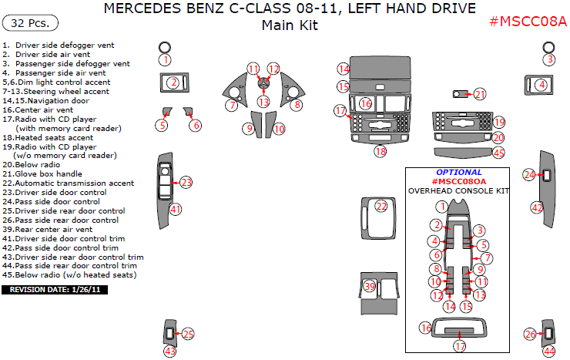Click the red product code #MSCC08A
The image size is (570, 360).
pyautogui.click(x=528, y=22)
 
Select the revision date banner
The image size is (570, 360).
pyautogui.click(x=55, y=290)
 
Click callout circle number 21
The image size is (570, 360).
pyautogui.click(x=480, y=94)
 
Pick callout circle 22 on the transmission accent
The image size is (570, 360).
pyautogui.click(x=381, y=206)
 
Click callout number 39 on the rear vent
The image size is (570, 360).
pyautogui.click(x=370, y=287)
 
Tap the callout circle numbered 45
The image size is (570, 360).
pyautogui.click(x=499, y=153)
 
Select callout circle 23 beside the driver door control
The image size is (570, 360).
pyautogui.click(x=186, y=182)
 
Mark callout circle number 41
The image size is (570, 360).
pyautogui.click(x=176, y=209)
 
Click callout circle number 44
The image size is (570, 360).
pyautogui.click(x=548, y=351)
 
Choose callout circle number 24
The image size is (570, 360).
pyautogui.click(x=529, y=175)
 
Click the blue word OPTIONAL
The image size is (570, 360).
pyautogui.click(x=459, y=173)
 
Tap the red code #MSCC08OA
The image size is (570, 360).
pyautogui.click(x=459, y=181)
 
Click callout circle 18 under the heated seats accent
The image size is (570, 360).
pyautogui.click(x=381, y=152)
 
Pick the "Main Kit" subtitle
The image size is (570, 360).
pyautogui.click(x=290, y=25)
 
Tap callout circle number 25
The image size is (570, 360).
pyautogui.click(x=187, y=334)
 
